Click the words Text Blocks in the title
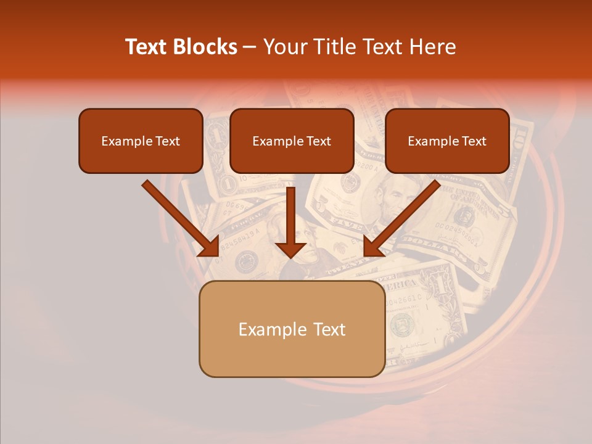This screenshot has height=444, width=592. (181, 47)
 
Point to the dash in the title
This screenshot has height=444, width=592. (250, 47)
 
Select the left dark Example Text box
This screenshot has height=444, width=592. (141, 141)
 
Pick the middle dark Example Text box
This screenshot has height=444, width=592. (292, 141)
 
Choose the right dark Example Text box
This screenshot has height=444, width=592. (447, 141)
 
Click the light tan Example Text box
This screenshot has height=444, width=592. (292, 329)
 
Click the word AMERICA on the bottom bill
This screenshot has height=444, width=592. (401, 286)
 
